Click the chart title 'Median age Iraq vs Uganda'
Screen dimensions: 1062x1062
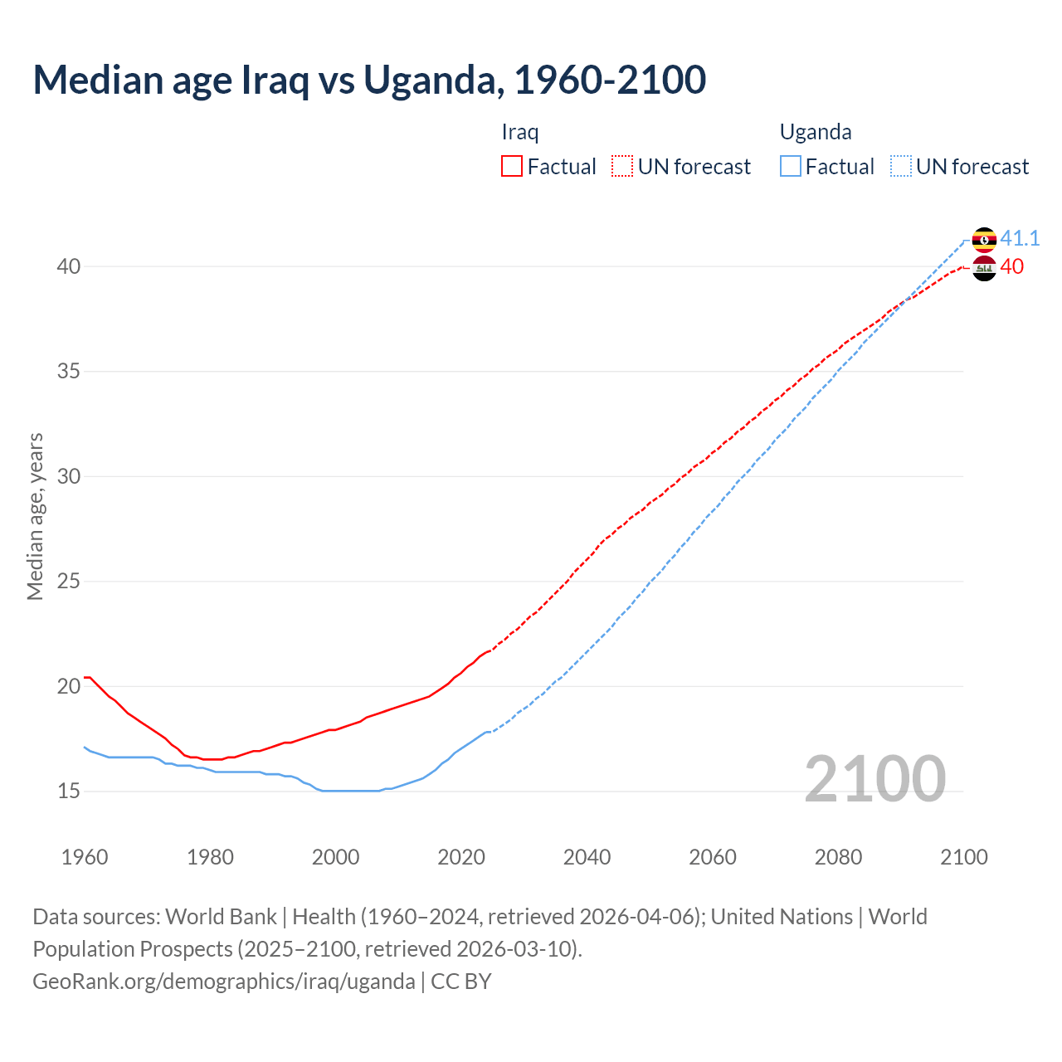point(369,80)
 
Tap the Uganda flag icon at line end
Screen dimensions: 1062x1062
point(984,240)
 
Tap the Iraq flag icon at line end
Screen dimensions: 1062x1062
point(984,268)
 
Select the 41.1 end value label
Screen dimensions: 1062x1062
point(1020,239)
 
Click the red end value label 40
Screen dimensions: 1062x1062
point(1011,267)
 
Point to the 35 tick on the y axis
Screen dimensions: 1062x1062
point(69,372)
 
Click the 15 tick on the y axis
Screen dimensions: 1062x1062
point(69,792)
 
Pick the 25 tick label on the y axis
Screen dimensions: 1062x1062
point(69,582)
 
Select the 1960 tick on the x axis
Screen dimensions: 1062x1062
point(85,857)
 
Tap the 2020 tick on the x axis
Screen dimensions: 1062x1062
point(461,857)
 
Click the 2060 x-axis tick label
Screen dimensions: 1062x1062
point(713,857)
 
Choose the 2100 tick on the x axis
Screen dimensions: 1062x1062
point(963,857)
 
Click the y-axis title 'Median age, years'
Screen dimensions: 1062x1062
point(35,516)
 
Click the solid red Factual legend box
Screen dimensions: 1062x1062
point(512,167)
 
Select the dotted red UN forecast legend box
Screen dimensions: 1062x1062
point(622,167)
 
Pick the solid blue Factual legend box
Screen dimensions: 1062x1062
point(791,167)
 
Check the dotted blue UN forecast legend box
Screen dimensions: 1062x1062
point(901,167)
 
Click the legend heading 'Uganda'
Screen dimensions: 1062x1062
point(816,133)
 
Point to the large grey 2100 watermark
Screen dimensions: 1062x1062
point(874,779)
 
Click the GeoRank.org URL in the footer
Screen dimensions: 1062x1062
point(224,982)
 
